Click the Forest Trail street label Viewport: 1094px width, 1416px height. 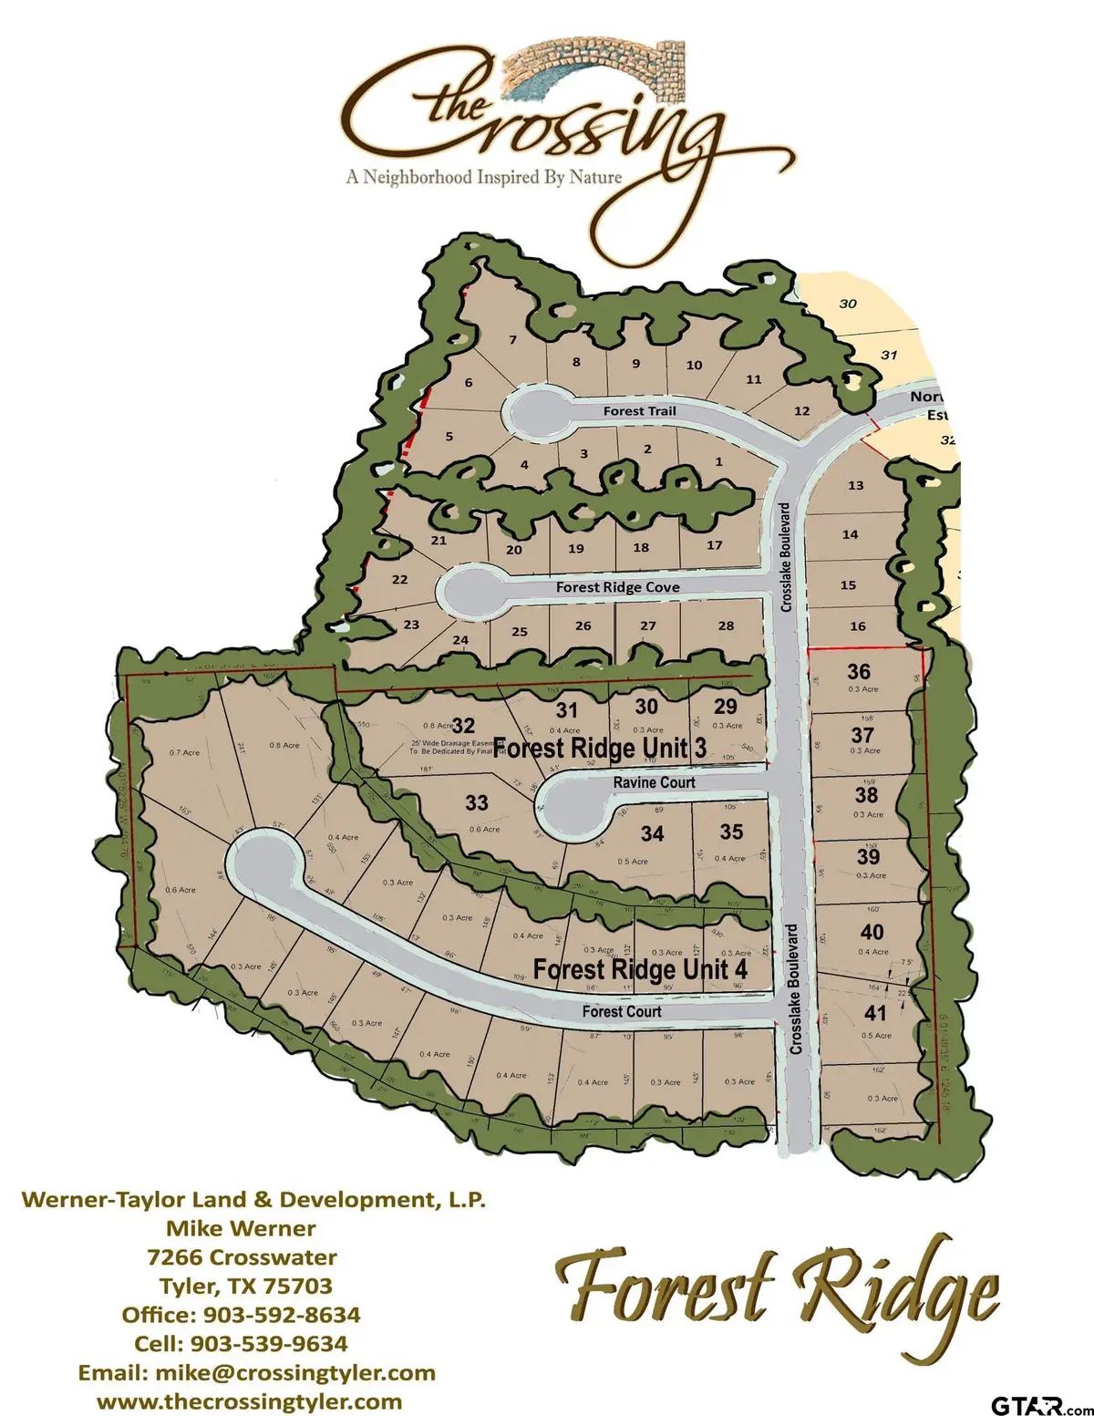tap(639, 411)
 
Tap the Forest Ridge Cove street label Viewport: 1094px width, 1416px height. tap(617, 587)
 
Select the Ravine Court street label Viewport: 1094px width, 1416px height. tap(654, 782)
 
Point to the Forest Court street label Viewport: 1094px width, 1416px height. tap(622, 1011)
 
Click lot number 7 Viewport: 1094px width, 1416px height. tap(513, 340)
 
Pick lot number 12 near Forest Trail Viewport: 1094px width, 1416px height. tap(801, 411)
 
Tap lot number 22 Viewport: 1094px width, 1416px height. tap(399, 580)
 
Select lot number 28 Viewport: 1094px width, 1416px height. tap(726, 625)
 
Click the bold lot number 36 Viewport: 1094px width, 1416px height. tap(859, 672)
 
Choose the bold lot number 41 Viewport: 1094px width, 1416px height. tap(875, 1013)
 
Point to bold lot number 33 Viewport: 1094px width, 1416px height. tap(477, 802)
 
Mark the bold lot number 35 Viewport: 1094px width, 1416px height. tap(731, 832)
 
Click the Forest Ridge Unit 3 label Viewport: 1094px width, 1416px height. tap(600, 749)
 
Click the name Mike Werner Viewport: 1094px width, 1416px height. tap(241, 1228)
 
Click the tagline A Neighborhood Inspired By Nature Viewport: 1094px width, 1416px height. tap(483, 177)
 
